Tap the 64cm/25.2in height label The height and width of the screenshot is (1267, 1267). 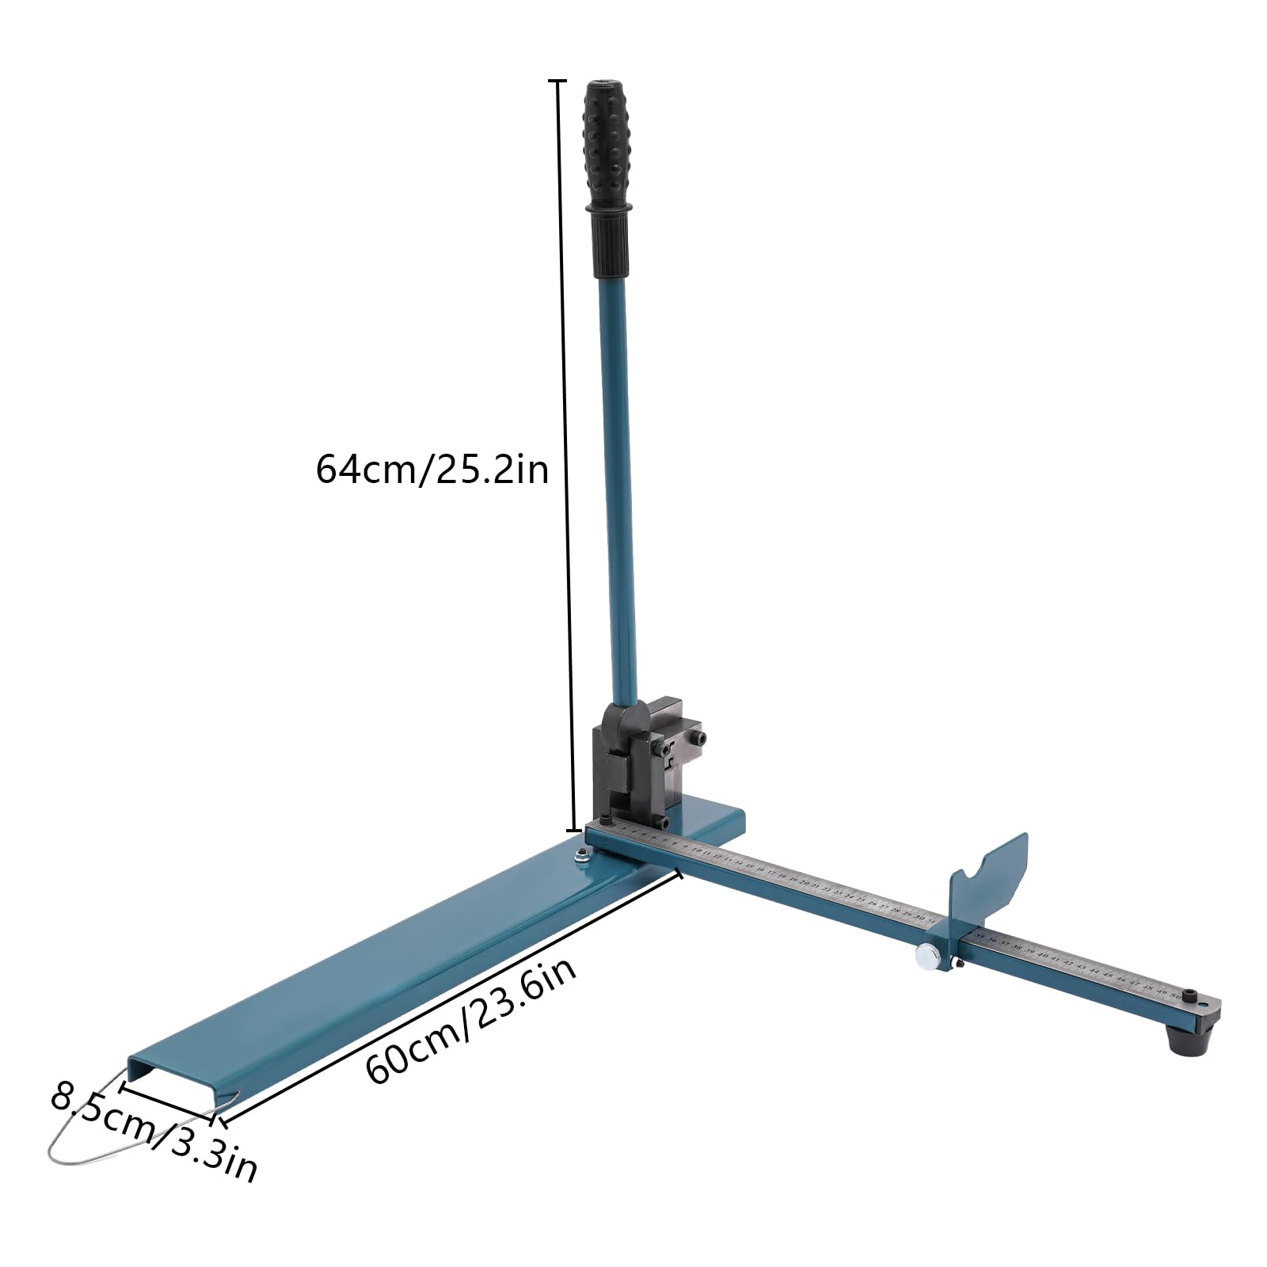tap(432, 469)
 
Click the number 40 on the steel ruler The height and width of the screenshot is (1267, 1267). tap(1042, 956)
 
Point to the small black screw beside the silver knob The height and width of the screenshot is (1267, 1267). tap(959, 964)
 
